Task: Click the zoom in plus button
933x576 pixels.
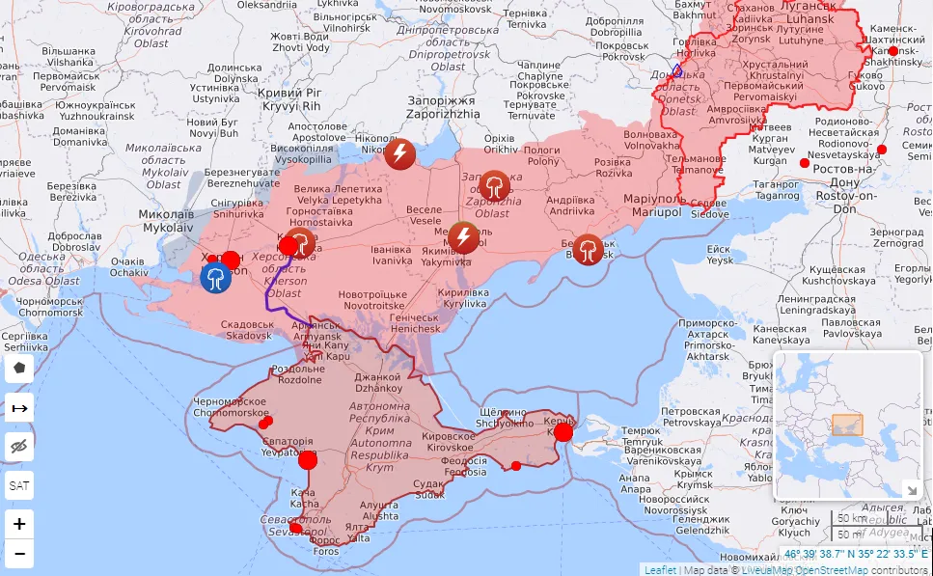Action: [x=19, y=524]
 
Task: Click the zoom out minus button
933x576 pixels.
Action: [x=19, y=554]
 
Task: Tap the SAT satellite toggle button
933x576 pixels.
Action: [x=19, y=485]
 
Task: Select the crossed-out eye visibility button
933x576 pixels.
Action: [x=19, y=446]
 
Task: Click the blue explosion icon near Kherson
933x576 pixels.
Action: [x=215, y=278]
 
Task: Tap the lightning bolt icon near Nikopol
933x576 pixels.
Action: [x=399, y=153]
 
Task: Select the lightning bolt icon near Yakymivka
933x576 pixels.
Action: [x=464, y=236]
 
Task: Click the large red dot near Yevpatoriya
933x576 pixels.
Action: [x=308, y=459]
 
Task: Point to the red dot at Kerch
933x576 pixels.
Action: [x=563, y=432]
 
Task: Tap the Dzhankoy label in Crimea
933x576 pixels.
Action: [x=378, y=382]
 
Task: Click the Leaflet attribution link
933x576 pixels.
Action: [x=660, y=569]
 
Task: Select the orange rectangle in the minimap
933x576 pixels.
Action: [x=846, y=425]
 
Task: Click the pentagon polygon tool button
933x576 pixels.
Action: [x=19, y=368]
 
